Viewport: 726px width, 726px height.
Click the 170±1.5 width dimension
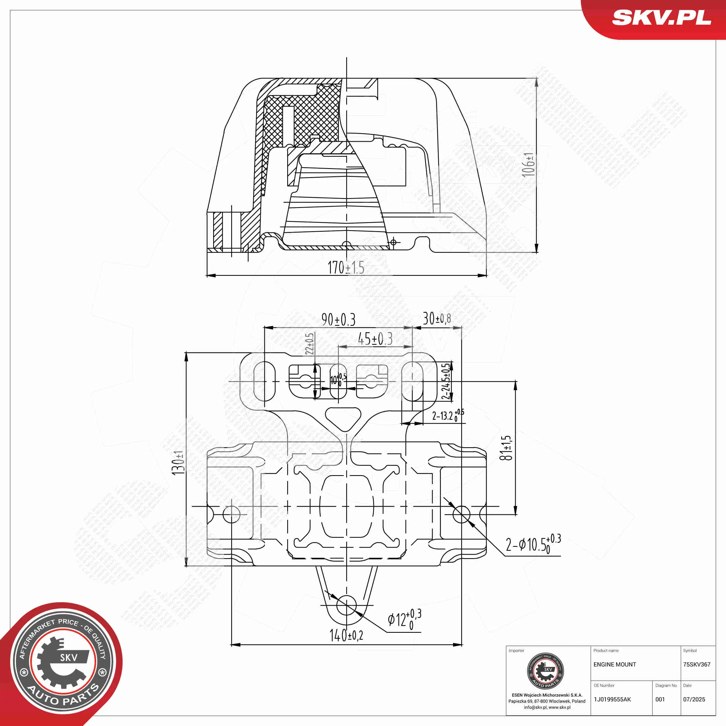tap(346, 267)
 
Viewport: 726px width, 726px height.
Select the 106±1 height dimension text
tap(528, 164)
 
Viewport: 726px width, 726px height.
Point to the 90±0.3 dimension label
tap(338, 320)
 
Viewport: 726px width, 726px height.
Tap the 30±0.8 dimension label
tap(437, 319)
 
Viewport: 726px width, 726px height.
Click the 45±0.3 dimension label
tap(375, 339)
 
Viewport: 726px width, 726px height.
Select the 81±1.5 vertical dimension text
tap(506, 448)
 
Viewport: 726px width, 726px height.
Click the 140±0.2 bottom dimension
tap(346, 635)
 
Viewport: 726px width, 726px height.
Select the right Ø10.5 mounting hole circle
tap(461, 514)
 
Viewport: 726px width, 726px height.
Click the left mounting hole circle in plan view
tap(231, 514)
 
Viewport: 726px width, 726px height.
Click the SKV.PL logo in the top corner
tap(661, 18)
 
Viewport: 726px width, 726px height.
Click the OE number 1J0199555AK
tap(612, 699)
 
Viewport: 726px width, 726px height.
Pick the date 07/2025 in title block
tap(694, 699)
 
